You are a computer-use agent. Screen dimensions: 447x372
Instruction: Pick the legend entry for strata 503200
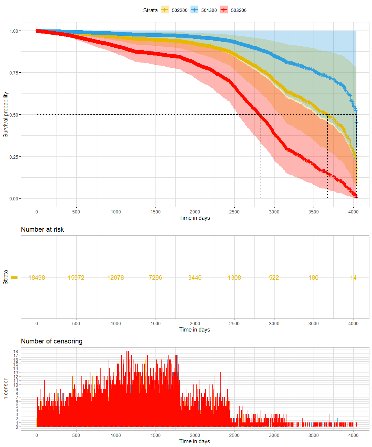pos(233,10)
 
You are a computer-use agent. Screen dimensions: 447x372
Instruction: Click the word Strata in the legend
pos(150,10)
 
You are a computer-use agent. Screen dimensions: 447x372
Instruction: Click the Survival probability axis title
pos(6,115)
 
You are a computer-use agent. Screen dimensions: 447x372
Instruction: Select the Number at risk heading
pos(42,229)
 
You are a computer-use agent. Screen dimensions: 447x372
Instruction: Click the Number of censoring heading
pos(52,341)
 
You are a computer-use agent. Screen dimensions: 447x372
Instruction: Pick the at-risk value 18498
pos(36,278)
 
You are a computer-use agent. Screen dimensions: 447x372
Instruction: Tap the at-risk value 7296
pos(155,278)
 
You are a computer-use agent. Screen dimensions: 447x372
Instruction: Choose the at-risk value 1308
pos(234,278)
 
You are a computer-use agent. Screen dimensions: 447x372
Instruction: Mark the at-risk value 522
pos(274,278)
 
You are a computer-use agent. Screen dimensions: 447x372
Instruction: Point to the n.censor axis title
pos(6,390)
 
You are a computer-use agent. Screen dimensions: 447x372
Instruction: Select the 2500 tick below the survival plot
pos(234,211)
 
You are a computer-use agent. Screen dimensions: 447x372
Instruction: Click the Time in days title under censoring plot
pos(195,441)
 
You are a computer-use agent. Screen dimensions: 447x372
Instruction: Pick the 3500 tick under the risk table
pos(313,323)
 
